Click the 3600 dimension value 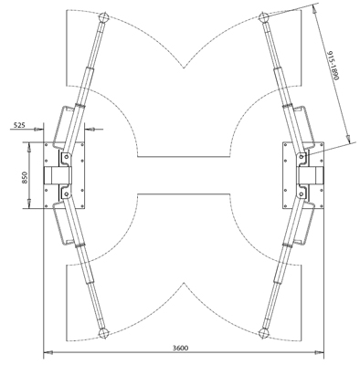coord(180,348)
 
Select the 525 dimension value coord(19,125)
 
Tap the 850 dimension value coord(25,178)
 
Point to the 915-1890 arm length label coord(333,66)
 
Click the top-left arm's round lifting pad coord(104,18)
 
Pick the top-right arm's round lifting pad coord(263,17)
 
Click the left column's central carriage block coord(57,175)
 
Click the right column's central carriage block coord(311,175)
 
